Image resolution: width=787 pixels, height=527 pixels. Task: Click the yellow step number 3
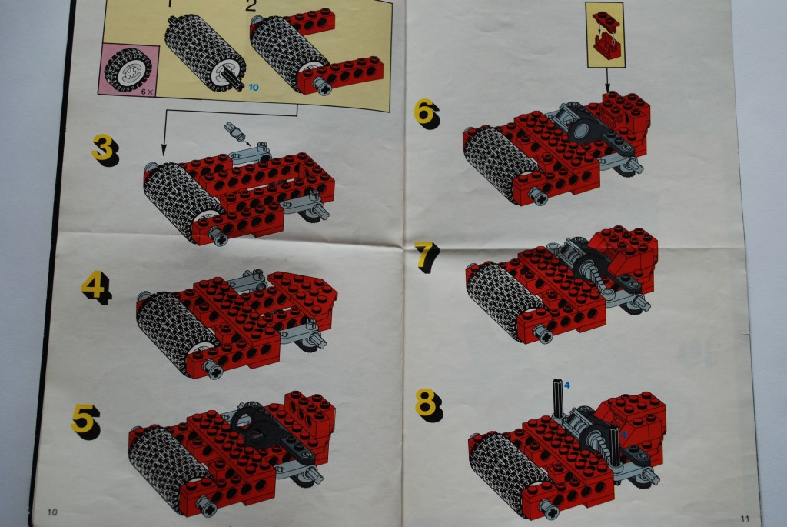click(x=103, y=147)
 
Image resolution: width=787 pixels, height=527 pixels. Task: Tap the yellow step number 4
click(x=94, y=286)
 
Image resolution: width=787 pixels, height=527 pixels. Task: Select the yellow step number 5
click(x=84, y=419)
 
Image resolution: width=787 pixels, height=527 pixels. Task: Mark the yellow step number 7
click(x=426, y=256)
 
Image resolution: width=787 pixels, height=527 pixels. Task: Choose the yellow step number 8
click(x=427, y=402)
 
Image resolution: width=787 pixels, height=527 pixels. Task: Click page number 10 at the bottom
click(x=52, y=512)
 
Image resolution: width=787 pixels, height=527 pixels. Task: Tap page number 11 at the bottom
click(x=744, y=516)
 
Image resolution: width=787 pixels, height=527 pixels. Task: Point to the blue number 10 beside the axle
click(x=253, y=87)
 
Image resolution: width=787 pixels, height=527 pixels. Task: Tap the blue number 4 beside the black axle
click(x=566, y=385)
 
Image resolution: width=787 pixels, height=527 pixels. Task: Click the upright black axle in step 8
click(x=556, y=400)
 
